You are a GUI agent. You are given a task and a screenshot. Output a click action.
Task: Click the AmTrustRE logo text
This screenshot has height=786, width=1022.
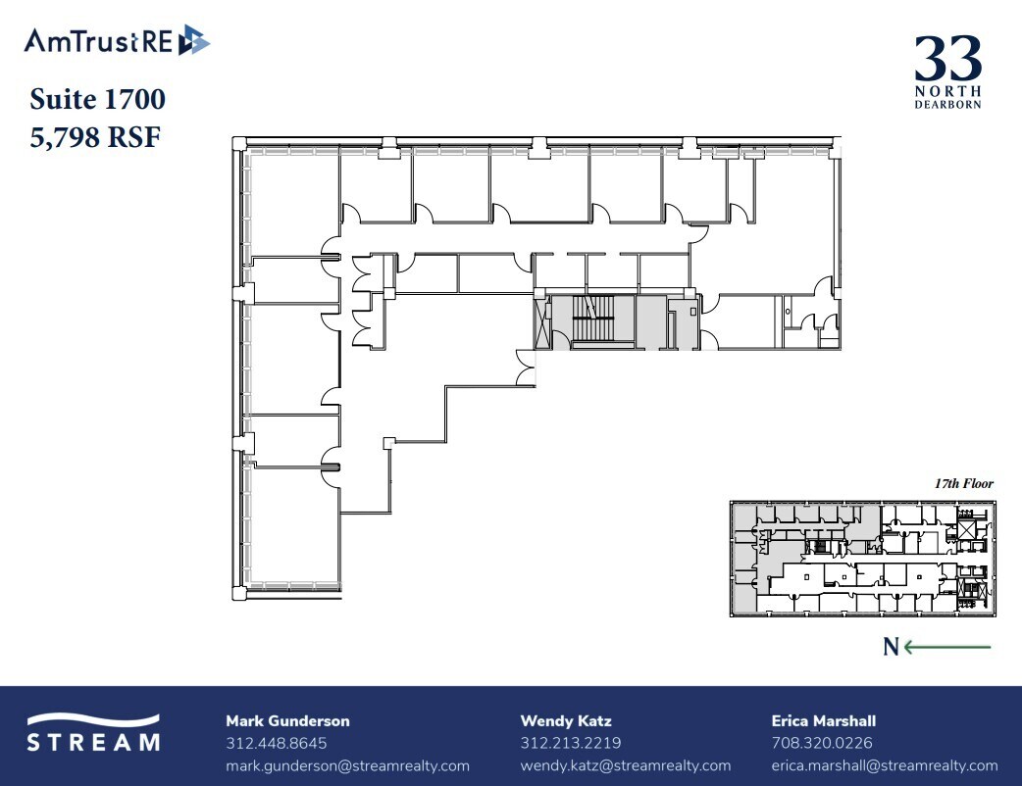(x=98, y=41)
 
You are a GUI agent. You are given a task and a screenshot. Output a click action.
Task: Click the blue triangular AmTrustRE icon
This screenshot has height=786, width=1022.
(x=194, y=41)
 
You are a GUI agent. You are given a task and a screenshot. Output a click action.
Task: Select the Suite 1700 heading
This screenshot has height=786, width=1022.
(x=97, y=99)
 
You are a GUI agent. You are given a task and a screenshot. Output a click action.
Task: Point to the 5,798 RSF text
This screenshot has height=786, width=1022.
(x=95, y=136)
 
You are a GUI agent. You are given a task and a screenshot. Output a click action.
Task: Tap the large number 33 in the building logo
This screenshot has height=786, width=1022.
(x=947, y=60)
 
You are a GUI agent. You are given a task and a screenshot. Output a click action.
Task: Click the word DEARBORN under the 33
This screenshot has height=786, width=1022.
(x=947, y=103)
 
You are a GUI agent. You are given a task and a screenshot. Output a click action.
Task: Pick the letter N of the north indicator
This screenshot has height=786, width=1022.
(x=891, y=647)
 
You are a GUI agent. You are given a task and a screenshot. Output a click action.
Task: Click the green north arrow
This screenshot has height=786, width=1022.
(x=947, y=647)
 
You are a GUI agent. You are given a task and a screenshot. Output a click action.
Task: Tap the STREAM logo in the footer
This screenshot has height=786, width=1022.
(x=92, y=733)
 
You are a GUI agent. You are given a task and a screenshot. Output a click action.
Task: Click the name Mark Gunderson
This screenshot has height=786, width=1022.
(x=287, y=721)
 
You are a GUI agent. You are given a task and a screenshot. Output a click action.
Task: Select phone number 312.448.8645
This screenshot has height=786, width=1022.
(x=276, y=744)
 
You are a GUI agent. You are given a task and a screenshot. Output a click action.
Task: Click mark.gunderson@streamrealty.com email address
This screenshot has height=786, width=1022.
(x=347, y=765)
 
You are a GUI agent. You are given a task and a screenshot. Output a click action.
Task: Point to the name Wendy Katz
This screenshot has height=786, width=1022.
(x=566, y=721)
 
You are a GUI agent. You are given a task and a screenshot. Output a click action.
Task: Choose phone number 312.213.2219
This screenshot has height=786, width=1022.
(x=570, y=744)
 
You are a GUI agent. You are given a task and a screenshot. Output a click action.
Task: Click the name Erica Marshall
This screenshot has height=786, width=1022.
(x=824, y=721)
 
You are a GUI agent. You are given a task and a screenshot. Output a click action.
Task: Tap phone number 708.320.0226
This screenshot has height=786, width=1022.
(x=822, y=744)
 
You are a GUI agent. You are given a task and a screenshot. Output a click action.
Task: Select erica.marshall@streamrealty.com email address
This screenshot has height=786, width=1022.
(x=885, y=765)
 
